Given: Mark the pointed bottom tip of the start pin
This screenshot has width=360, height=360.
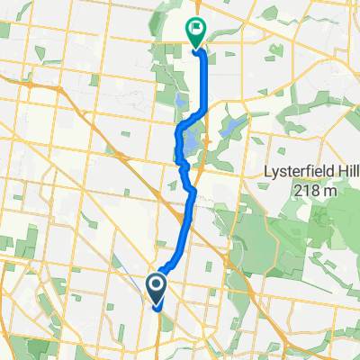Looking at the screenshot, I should coord(156,308).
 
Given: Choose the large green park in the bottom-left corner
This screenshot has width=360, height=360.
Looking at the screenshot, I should coord(40,347).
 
